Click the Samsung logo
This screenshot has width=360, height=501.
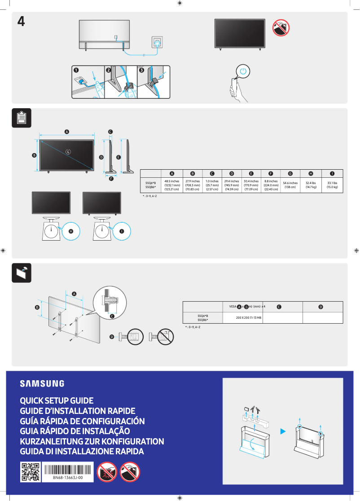pyautogui.click(x=42, y=383)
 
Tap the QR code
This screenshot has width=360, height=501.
pyautogui.click(x=31, y=472)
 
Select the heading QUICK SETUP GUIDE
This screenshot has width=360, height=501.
pyautogui.click(x=57, y=400)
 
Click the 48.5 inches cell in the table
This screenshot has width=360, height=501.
pyautogui.click(x=172, y=185)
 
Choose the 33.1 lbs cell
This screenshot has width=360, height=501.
pyautogui.click(x=332, y=185)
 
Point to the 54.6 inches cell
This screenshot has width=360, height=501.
pyautogui.click(x=290, y=185)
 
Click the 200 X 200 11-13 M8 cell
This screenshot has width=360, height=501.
pyautogui.click(x=249, y=317)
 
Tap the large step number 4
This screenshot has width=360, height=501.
pyautogui.click(x=21, y=21)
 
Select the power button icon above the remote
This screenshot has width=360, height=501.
pyautogui.click(x=243, y=71)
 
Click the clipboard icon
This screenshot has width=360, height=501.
pyautogui.click(x=22, y=118)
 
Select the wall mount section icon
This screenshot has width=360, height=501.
pyautogui.click(x=22, y=272)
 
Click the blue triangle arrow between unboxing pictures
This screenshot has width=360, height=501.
pyautogui.click(x=283, y=431)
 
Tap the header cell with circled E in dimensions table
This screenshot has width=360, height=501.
pyautogui.click(x=251, y=173)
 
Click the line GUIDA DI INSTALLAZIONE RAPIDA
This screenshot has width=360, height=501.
pyautogui.click(x=82, y=452)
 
